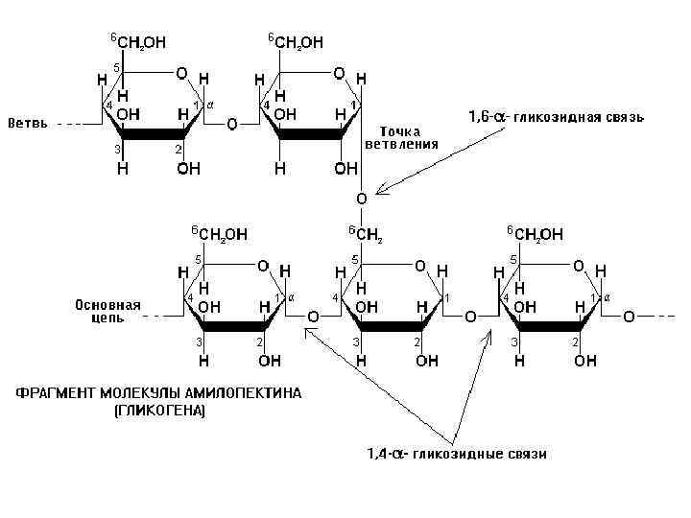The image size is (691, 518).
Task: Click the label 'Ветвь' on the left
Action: click(28, 125)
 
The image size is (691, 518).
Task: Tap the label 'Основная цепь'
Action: click(107, 312)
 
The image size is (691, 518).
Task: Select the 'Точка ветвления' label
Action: click(401, 137)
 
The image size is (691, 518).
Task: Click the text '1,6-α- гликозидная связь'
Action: click(556, 117)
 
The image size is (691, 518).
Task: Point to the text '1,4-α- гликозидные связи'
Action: click(458, 454)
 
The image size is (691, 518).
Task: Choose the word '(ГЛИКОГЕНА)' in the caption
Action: click(160, 410)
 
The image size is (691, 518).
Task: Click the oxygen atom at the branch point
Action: click(361, 199)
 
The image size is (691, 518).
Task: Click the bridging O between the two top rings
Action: click(231, 125)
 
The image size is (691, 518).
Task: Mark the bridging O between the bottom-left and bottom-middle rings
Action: click(312, 317)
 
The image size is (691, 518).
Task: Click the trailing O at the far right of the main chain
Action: click(629, 317)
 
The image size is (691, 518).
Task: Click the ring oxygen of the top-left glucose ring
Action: click(180, 74)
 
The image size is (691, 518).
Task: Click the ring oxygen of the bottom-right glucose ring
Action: click(579, 266)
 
